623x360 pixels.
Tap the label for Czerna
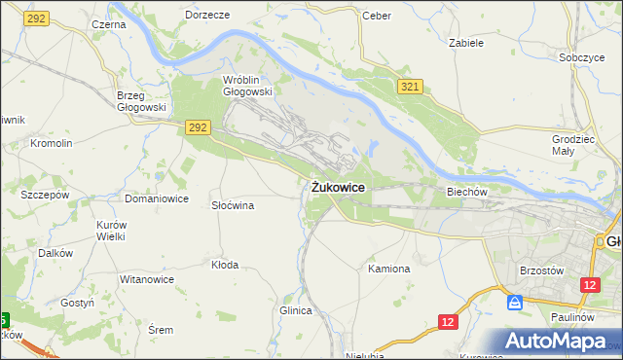point(109,23)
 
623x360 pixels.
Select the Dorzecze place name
point(206,16)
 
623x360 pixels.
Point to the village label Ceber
point(376,16)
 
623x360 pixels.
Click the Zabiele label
point(466,43)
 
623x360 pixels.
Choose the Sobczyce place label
point(582,57)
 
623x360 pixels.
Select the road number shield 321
point(410,88)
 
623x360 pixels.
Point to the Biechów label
point(466,192)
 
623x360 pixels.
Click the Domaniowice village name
point(156,198)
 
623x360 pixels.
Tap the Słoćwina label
point(233,205)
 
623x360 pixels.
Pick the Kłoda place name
point(225,264)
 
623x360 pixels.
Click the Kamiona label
point(389,268)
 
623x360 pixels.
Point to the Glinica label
point(295,310)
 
